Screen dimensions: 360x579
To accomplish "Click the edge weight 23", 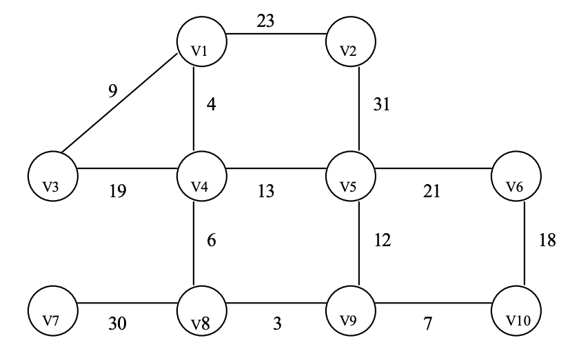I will click(265, 21).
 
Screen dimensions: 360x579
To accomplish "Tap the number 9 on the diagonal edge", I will click(112, 90).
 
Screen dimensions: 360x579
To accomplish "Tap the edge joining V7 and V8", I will click(128, 303).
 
